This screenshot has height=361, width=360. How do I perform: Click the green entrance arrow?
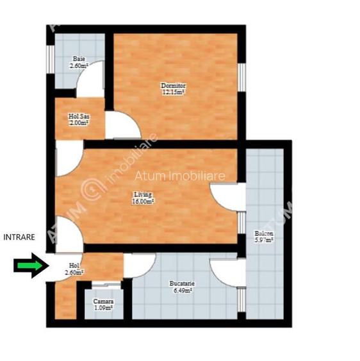pos(27,265)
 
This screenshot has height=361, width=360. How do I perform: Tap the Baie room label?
pos(78,59)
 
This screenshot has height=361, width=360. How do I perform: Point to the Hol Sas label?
pos(79,117)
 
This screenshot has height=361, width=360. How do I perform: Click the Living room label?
pos(143,194)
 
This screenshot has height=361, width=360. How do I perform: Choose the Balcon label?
pos(263,233)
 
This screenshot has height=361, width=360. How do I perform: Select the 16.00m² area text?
pos(143,201)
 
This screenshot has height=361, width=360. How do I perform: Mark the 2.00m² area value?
pos(79,124)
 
